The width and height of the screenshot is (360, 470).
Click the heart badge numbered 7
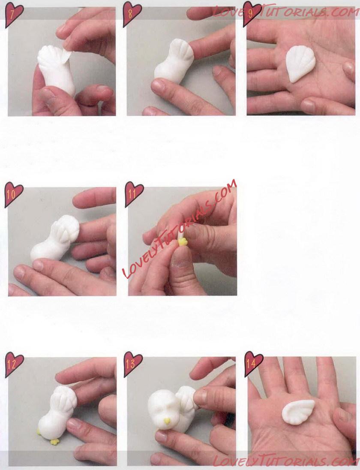tap(14, 15)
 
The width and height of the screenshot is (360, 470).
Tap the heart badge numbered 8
tap(132, 14)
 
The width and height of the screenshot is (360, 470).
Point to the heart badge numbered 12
tap(14, 365)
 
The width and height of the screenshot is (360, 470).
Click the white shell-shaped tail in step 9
tap(300, 63)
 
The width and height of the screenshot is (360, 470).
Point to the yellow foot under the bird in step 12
tap(54, 442)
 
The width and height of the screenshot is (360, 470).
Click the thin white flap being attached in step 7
tap(67, 57)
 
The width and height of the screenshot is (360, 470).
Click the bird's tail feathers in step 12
tap(64, 399)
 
